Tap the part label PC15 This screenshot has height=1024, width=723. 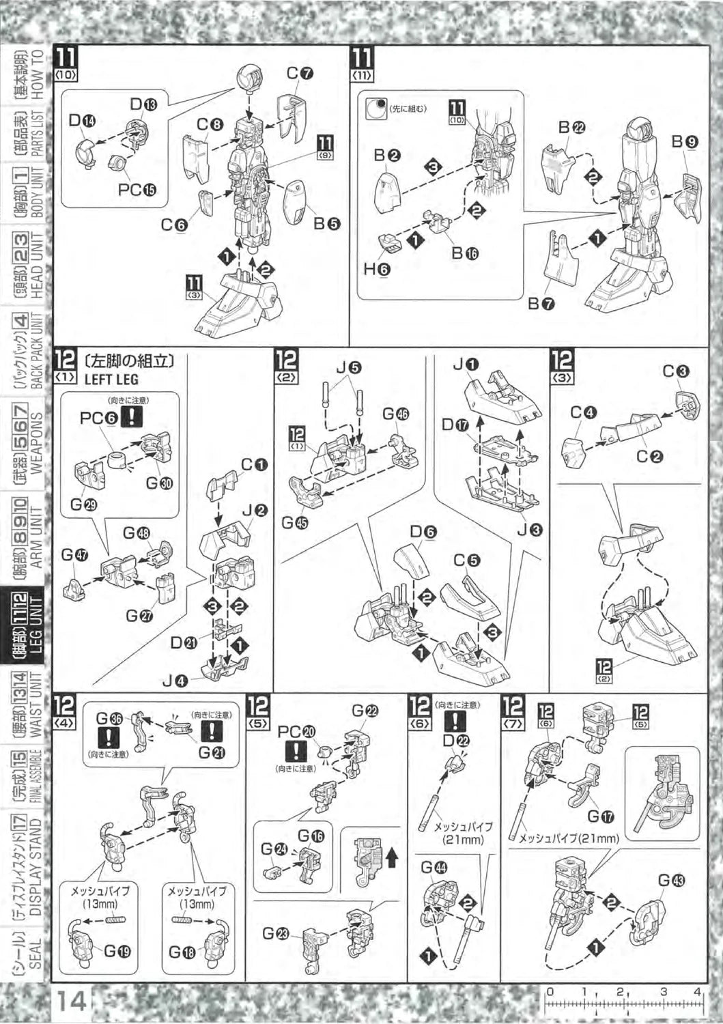tap(137, 189)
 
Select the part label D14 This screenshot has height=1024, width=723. tap(82, 120)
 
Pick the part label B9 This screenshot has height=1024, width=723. tap(684, 141)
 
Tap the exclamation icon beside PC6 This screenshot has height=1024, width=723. tap(131, 418)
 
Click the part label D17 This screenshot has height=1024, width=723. tap(456, 425)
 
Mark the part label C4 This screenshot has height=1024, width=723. tap(584, 412)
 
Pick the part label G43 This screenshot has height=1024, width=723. tap(671, 881)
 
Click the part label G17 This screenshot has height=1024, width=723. tap(601, 815)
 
